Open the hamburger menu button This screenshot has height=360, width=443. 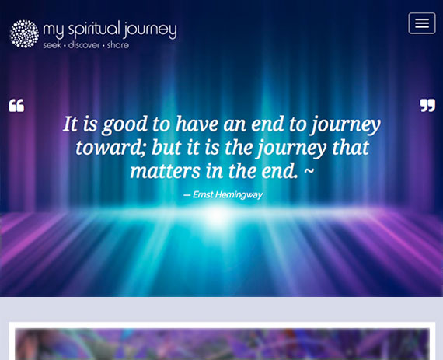click(x=422, y=23)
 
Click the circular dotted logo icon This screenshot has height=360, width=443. click(x=24, y=33)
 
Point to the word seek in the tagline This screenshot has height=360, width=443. click(x=52, y=45)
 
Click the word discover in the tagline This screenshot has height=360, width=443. click(x=84, y=45)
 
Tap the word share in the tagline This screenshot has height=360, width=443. click(x=118, y=45)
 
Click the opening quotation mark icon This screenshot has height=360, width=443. click(x=16, y=106)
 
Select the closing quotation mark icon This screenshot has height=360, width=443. click(x=427, y=106)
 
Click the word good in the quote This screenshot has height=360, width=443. click(x=125, y=124)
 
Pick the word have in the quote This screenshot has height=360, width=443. click(x=197, y=124)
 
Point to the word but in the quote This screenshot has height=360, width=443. click(x=166, y=148)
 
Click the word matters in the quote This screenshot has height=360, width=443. click(x=165, y=172)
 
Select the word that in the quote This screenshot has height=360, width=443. click(x=351, y=148)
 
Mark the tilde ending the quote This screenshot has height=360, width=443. click(x=309, y=170)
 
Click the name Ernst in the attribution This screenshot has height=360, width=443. click(x=203, y=194)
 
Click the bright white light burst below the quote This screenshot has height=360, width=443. click(x=218, y=216)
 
